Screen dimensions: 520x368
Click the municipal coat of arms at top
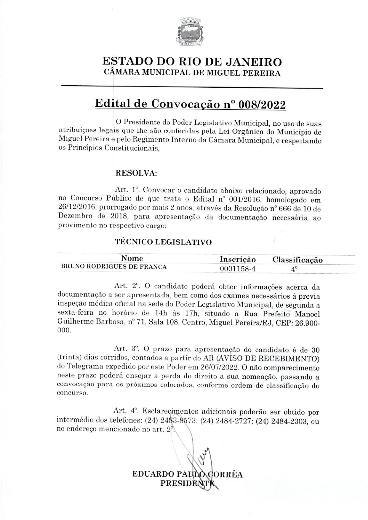point(189,32)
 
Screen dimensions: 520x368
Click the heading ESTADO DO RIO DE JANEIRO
point(192,62)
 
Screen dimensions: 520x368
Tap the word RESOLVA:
point(136,173)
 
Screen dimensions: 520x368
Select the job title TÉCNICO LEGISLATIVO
point(163,242)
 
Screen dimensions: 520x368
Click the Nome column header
point(132,258)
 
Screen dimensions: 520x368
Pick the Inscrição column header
point(238,259)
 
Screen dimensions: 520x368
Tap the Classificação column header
point(297,260)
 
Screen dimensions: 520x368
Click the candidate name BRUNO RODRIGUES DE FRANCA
point(114,267)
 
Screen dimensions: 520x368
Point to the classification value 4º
point(294,269)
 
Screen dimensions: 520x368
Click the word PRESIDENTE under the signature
point(187,483)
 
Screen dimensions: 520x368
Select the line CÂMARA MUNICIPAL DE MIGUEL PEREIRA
point(192,73)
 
